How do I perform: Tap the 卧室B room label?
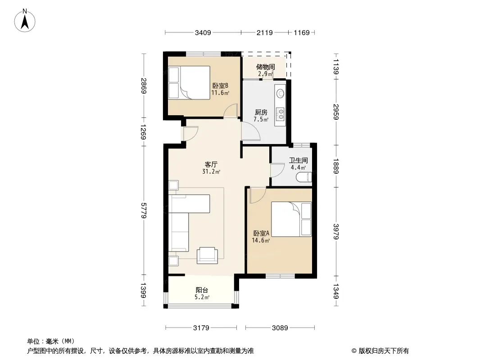click(220, 85)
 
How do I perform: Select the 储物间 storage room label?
click(265, 67)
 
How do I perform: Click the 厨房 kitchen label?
click(261, 112)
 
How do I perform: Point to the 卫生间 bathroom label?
click(299, 160)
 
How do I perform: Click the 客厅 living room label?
click(211, 165)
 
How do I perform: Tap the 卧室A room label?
click(261, 234)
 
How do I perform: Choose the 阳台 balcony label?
click(202, 290)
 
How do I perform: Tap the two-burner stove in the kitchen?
click(280, 113)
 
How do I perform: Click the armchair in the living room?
click(207, 255)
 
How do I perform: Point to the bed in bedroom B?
click(195, 83)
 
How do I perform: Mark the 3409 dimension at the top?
click(203, 32)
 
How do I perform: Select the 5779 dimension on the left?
click(143, 211)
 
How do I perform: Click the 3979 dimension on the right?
click(336, 232)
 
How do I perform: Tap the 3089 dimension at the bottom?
click(280, 328)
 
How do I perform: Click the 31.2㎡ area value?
click(211, 171)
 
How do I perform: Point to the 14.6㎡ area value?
click(261, 240)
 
